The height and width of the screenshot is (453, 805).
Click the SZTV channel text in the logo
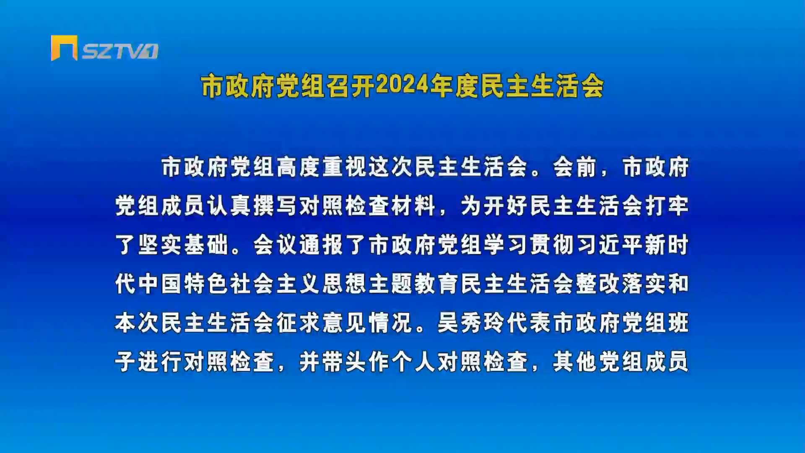tap(120, 51)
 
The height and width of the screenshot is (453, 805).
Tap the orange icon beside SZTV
tap(64, 48)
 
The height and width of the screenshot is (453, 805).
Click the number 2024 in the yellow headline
tap(402, 86)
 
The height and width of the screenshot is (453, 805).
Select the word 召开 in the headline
tap(351, 86)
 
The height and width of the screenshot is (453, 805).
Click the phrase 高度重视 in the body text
tap(322, 167)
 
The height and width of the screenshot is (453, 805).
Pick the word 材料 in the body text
tap(413, 206)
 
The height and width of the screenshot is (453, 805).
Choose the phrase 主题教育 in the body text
tap(413, 284)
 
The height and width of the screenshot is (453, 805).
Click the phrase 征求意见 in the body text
tap(322, 323)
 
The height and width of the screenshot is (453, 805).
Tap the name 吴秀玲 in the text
tap(471, 323)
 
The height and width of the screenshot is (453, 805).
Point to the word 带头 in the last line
tap(344, 362)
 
